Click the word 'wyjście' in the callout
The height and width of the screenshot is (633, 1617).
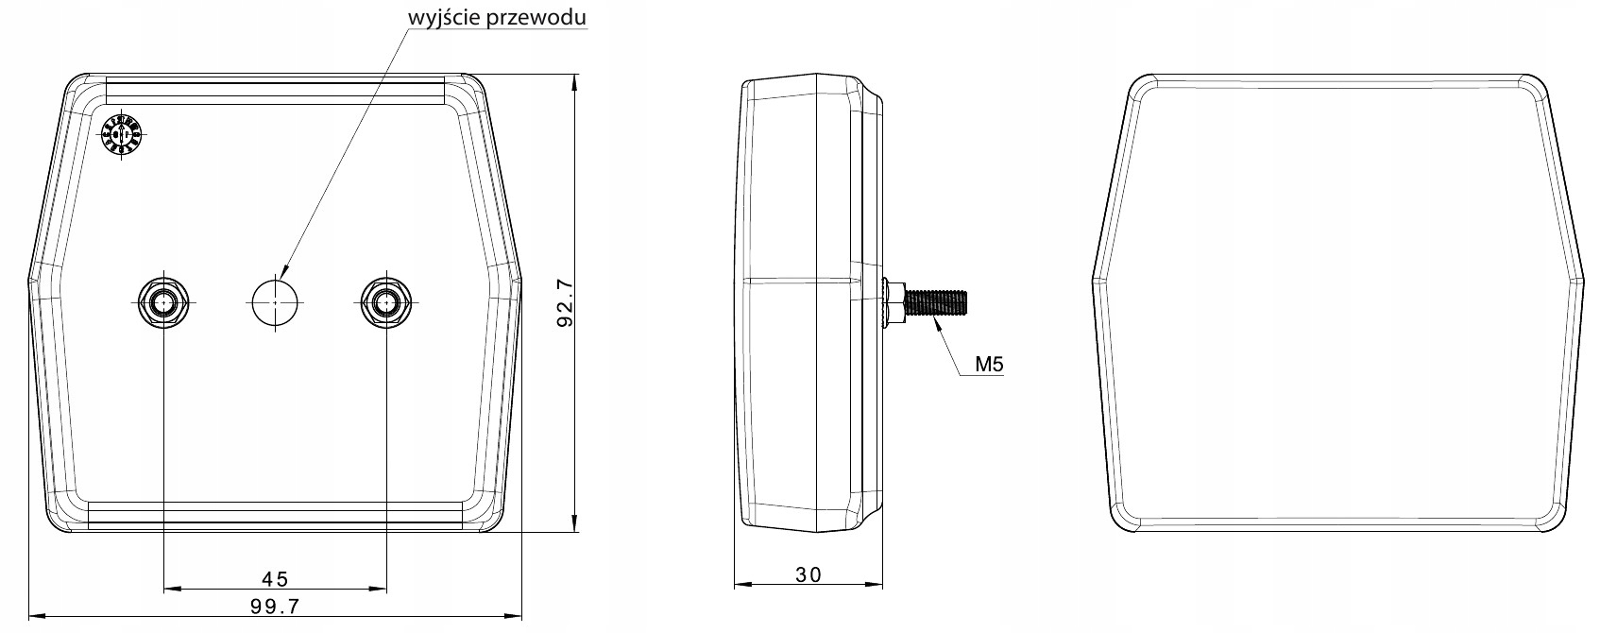(x=437, y=17)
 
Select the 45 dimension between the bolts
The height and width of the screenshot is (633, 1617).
(x=275, y=578)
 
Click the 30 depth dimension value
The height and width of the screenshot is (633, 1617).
(x=808, y=573)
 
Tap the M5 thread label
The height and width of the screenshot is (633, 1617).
(x=989, y=364)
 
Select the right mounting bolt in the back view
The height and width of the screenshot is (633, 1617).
(x=384, y=302)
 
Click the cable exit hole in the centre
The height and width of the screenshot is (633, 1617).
(x=275, y=302)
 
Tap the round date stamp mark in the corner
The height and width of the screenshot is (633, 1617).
(x=121, y=135)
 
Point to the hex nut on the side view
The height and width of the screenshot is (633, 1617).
(x=893, y=302)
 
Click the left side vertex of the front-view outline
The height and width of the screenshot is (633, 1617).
(x=1094, y=281)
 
